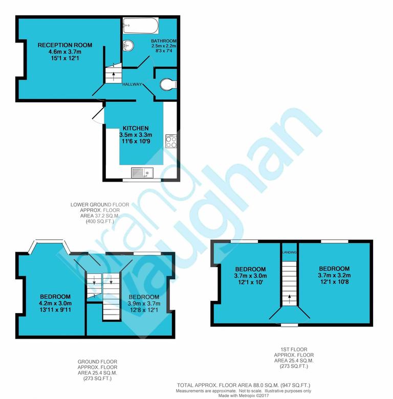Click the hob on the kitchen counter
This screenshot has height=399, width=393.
tap(171, 140)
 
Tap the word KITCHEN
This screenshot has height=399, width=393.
tap(136, 128)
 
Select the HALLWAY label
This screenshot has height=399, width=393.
tap(132, 84)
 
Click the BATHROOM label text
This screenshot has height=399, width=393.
tap(164, 41)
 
